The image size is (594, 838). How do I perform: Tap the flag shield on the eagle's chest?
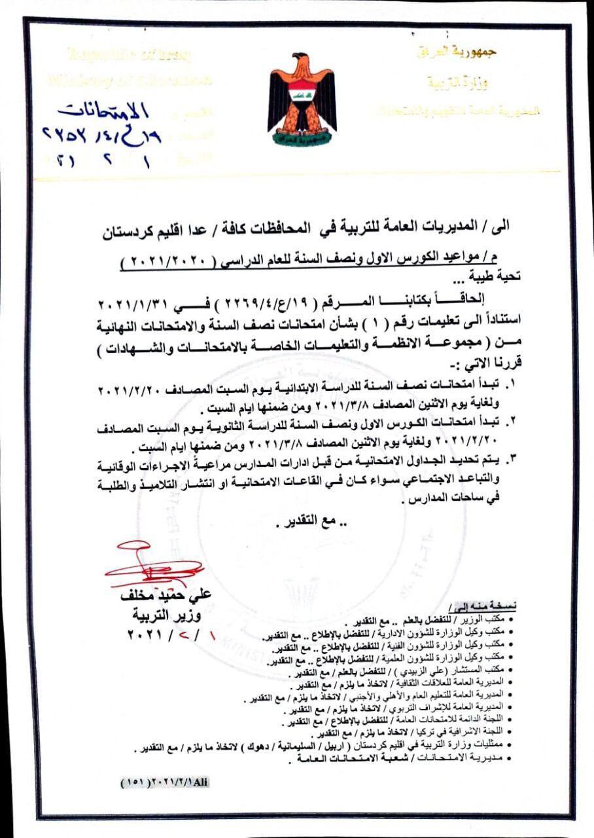(302, 95)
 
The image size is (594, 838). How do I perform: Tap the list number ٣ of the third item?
(513, 459)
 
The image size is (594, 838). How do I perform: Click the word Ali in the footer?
(200, 782)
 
